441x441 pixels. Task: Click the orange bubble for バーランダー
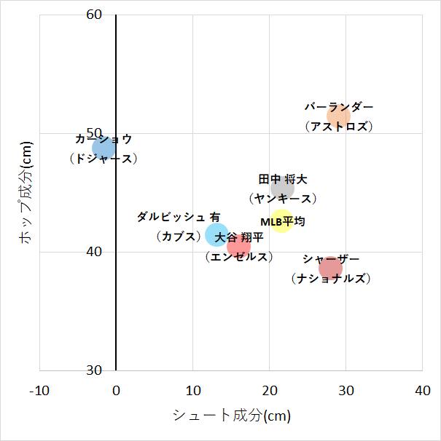[338, 116]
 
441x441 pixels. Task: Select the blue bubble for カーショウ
[104, 148]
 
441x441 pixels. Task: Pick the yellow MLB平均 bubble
[282, 221]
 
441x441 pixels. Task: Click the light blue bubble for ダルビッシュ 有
[216, 234]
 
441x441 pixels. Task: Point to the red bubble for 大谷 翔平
[238, 247]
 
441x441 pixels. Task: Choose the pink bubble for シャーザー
[330, 269]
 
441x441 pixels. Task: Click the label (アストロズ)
[339, 126]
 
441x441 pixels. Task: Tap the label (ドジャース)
[103, 158]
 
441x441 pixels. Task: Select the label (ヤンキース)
[282, 198]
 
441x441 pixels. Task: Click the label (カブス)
[179, 236]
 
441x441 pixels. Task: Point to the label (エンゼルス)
[238, 257]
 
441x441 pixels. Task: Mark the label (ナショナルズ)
[330, 279]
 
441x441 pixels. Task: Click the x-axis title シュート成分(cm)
[231, 416]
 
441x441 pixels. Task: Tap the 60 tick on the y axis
[95, 15]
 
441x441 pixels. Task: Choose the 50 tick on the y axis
[95, 134]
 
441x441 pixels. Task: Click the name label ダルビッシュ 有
[179, 217]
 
